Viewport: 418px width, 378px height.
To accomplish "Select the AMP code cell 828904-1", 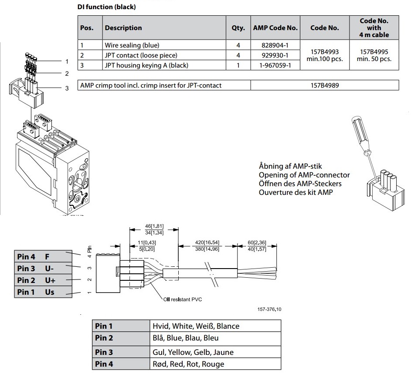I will pyautogui.click(x=275, y=45).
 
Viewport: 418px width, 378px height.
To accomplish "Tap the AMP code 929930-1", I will pyautogui.click(x=275, y=55).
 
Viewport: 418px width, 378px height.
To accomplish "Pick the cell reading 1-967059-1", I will pyautogui.click(x=275, y=65).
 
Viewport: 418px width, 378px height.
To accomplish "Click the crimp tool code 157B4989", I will pyautogui.click(x=324, y=85).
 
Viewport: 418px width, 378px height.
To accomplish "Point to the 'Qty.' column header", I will pyautogui.click(x=238, y=28).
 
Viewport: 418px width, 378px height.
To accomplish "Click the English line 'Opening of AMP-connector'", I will pyautogui.click(x=304, y=175).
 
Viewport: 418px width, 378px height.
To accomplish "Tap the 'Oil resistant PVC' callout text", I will pyautogui.click(x=182, y=300).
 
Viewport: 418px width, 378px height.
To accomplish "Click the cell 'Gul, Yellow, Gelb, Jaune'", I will pyautogui.click(x=193, y=352).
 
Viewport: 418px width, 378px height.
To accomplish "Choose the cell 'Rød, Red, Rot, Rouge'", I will pyautogui.click(x=188, y=364).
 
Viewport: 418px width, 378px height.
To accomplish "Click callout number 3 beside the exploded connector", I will pyautogui.click(x=67, y=89).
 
